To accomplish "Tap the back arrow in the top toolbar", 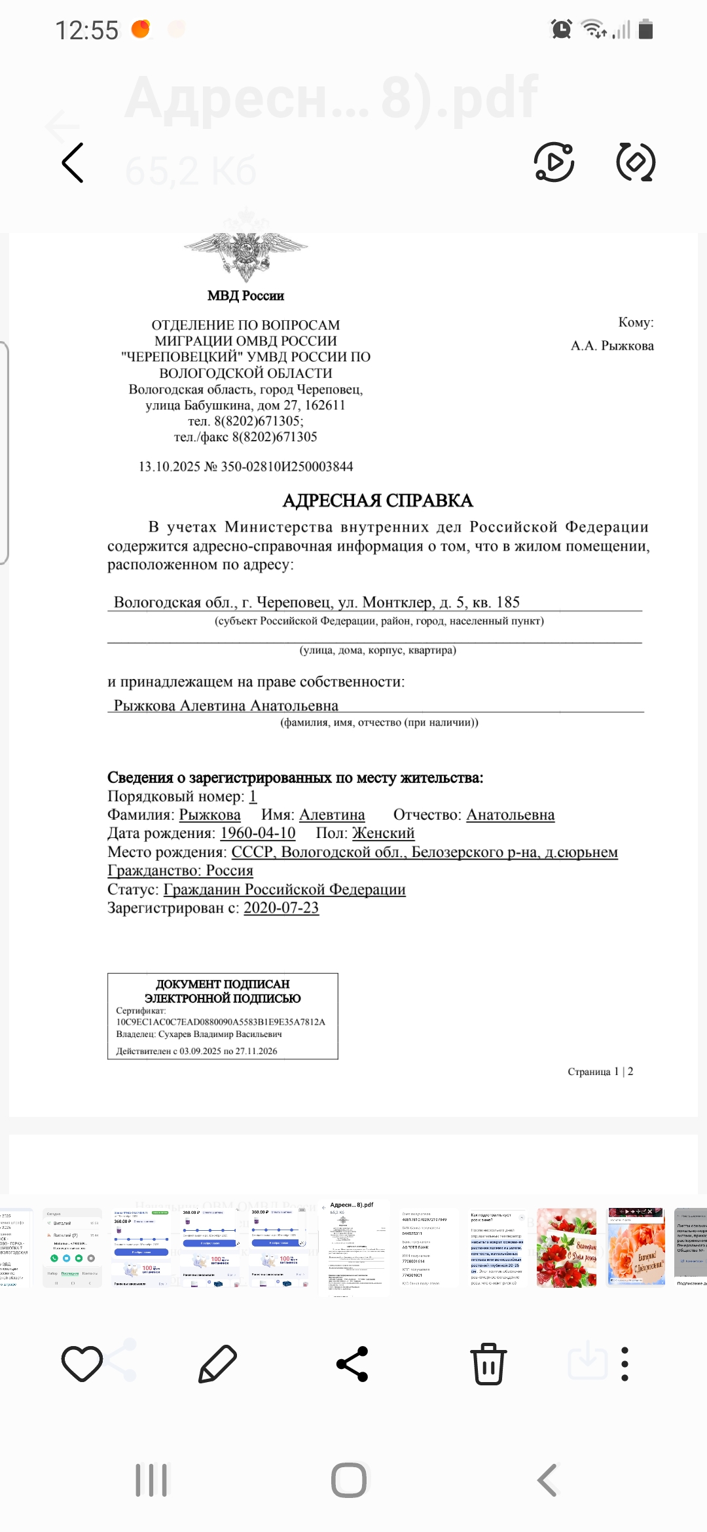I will [x=73, y=162].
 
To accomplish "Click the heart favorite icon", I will [x=82, y=1364].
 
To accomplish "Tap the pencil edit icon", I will [x=217, y=1364].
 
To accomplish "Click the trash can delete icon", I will [x=488, y=1364].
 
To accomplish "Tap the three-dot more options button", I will [x=625, y=1364].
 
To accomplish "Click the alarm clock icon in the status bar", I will [x=561, y=29].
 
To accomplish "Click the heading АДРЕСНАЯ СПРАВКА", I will [x=378, y=501].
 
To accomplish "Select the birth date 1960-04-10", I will [x=258, y=833].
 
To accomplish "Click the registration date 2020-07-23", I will [x=281, y=907].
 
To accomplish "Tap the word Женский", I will [x=383, y=833].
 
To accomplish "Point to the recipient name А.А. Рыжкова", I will [x=612, y=346].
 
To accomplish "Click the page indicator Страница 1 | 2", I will [x=600, y=1072].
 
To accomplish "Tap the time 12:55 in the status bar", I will [x=86, y=30].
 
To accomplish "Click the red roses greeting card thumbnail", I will [x=566, y=1248].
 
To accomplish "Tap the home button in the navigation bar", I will [x=349, y=1480].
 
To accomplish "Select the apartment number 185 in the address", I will [x=508, y=602].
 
